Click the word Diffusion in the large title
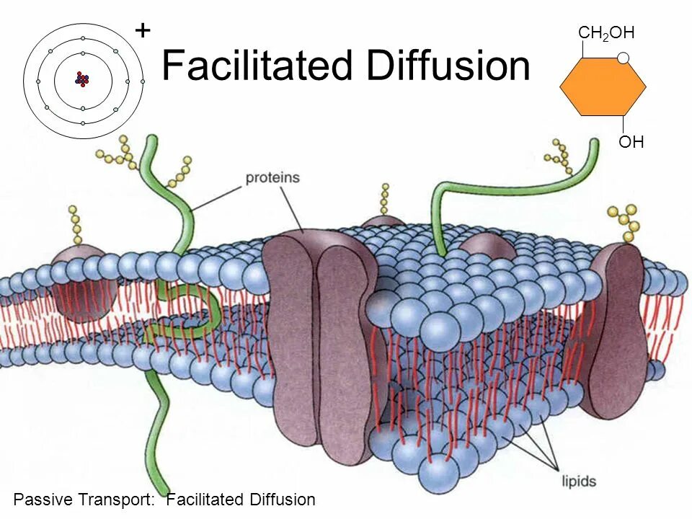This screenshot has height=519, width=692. click(x=448, y=66)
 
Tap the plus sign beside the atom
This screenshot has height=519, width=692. click(x=143, y=30)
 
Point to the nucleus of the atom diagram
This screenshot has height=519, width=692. click(x=82, y=79)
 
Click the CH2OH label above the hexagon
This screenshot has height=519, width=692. click(x=605, y=33)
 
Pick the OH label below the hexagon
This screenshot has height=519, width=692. click(x=631, y=142)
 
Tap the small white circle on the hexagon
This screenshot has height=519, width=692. click(x=624, y=58)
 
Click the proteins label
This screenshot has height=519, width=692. click(x=272, y=178)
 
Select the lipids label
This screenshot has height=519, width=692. click(x=579, y=479)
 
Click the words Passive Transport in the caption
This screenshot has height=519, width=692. click(x=83, y=500)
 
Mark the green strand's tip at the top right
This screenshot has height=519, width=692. click(x=594, y=143)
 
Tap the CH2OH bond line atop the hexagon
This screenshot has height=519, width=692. click(x=582, y=49)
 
